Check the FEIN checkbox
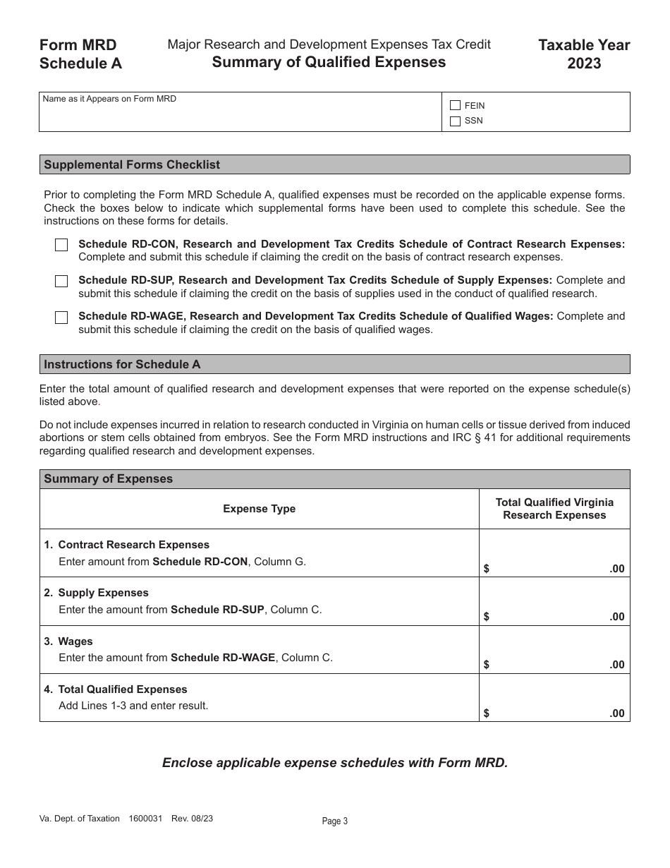click(x=455, y=105)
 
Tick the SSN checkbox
click(x=455, y=121)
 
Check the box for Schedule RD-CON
click(x=61, y=245)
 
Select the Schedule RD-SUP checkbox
click(x=61, y=281)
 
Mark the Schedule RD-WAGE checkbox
click(x=61, y=317)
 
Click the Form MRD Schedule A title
click(x=80, y=54)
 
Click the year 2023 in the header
click(x=584, y=64)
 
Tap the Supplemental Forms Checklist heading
click(x=132, y=164)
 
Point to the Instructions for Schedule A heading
click(x=122, y=364)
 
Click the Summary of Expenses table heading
click(x=108, y=478)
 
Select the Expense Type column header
click(x=259, y=509)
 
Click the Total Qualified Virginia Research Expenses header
click(x=554, y=509)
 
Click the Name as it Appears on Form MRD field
click(x=240, y=116)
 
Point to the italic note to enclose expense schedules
click(x=334, y=763)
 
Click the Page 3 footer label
click(x=335, y=821)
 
